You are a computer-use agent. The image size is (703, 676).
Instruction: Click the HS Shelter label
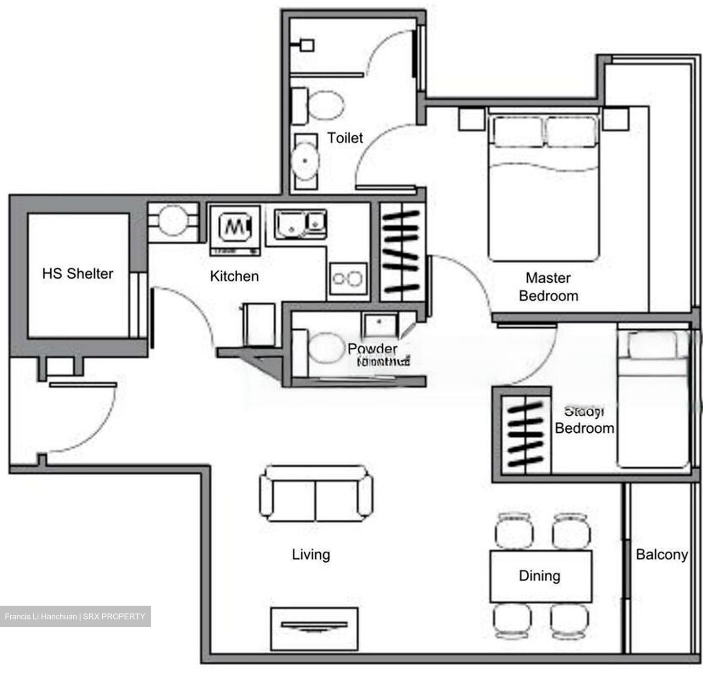pos(78,274)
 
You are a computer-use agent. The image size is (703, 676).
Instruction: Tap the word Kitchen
pos(234,276)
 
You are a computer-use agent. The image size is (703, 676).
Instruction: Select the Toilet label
pos(345,138)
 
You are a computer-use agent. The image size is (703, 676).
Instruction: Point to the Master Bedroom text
pos(548,287)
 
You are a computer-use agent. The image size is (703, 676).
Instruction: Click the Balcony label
pos(662,554)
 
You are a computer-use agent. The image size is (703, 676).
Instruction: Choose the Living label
pos(311,554)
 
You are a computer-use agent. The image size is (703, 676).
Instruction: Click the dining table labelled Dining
pos(540,576)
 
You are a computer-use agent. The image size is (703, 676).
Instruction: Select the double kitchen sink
pos(300,224)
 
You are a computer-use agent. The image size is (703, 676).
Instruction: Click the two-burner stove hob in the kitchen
pos(348,279)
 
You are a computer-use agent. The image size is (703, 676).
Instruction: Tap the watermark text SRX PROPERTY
pos(114,616)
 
